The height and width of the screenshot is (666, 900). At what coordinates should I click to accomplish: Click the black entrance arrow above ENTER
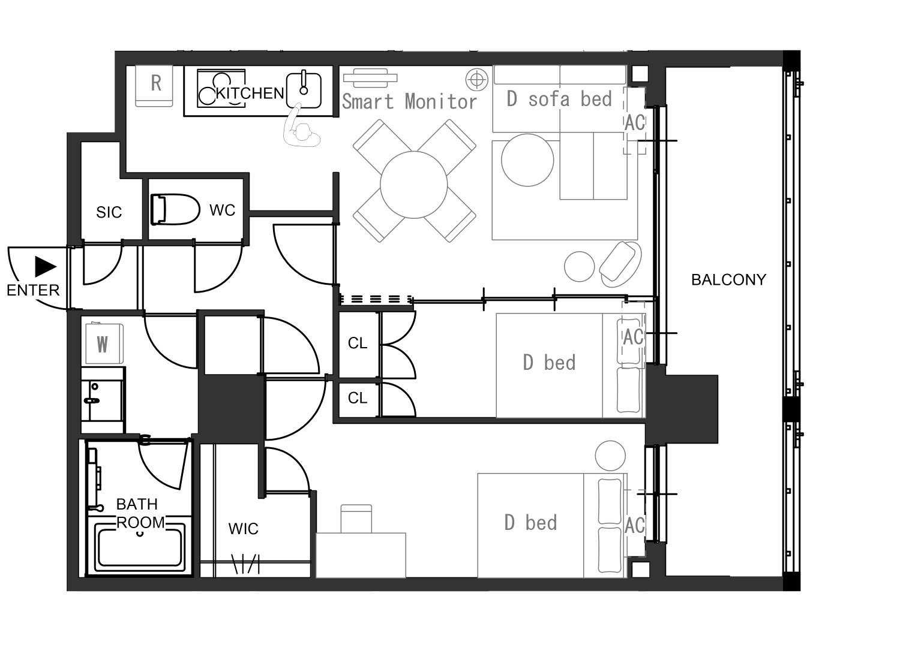tap(45, 267)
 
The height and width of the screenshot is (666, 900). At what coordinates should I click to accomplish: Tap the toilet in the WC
tap(175, 209)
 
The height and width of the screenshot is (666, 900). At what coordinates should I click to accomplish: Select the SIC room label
tap(109, 212)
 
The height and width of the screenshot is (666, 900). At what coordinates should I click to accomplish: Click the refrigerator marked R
tap(154, 86)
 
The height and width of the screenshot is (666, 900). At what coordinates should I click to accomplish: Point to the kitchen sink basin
tap(304, 90)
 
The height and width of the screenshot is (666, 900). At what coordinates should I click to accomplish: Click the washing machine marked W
tap(104, 343)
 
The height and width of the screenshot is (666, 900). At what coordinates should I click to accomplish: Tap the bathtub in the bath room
tap(140, 547)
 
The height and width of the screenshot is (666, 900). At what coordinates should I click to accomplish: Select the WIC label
tap(243, 529)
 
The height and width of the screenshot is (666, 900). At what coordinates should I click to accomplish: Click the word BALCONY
tap(728, 280)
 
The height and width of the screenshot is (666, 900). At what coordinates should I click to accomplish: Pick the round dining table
tap(413, 185)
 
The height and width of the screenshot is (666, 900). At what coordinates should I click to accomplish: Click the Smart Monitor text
tap(409, 101)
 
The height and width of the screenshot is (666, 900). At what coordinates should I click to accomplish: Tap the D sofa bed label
tap(559, 99)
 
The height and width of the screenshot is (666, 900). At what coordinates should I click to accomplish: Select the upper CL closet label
tap(358, 343)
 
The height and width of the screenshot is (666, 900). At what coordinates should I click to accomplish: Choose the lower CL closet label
tap(358, 398)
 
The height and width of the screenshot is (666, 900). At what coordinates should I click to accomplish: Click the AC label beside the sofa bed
tap(635, 122)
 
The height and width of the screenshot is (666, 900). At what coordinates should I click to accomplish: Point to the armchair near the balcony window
tap(620, 264)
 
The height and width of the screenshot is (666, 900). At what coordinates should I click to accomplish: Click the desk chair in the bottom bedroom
tap(356, 519)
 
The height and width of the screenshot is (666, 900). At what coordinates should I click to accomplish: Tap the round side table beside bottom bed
tap(610, 456)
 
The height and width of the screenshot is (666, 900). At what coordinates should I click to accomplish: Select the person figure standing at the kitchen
tap(301, 127)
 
